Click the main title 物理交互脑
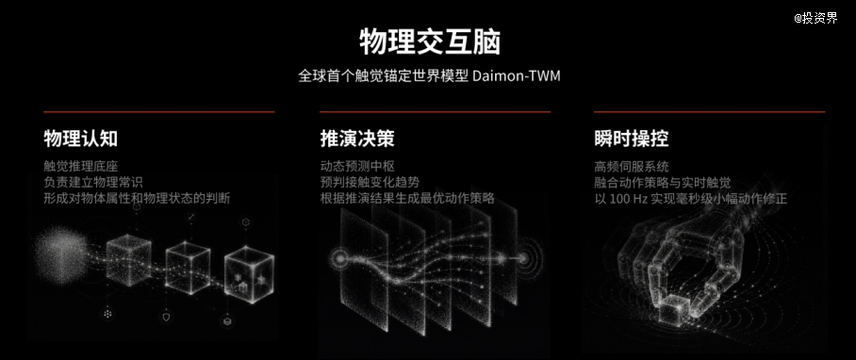coord(430,42)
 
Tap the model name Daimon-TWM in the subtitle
coord(517,75)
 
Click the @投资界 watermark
coord(815,18)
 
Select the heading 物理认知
coord(81,139)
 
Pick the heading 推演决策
coord(357,139)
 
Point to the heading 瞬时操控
coord(632,139)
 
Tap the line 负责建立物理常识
coord(93,182)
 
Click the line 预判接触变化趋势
coord(370,182)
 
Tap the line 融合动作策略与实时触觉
coord(663,182)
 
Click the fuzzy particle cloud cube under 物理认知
coord(61,255)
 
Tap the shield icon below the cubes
coord(167,318)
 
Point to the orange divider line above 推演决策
coord(436,112)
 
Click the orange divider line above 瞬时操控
coord(710,112)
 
